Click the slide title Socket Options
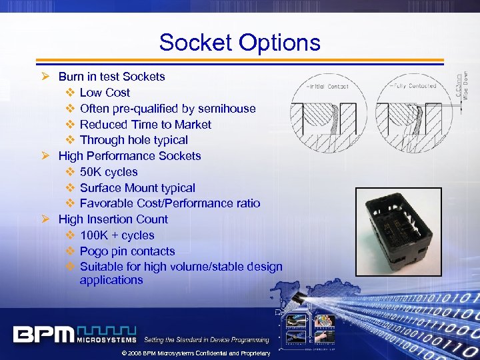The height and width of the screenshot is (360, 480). pos(239,43)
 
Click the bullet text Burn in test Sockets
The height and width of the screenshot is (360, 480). pos(111,77)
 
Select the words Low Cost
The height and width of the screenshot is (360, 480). pos(105,93)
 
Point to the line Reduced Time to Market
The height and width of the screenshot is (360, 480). pos(145,125)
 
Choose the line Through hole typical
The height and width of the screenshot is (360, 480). pos(133,140)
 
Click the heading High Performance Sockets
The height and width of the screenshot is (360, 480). pos(129,156)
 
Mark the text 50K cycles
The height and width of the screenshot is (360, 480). pos(109,172)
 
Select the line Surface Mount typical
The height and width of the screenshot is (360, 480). pos(137,188)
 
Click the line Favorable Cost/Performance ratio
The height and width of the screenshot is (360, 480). pos(169,203)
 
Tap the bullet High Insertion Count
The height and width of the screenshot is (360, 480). pos(113,219)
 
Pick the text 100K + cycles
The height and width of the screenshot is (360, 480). pos(117,235)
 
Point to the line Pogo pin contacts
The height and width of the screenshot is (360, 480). pos(127,251)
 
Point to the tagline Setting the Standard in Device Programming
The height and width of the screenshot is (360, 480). pos(207,340)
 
